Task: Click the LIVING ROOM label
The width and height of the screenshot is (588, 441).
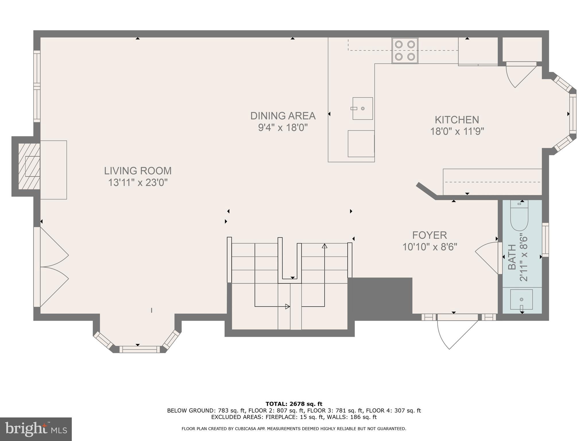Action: [x=138, y=171]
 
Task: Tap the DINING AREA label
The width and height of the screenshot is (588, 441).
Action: [x=283, y=116]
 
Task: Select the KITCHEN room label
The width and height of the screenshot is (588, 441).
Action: [x=457, y=119]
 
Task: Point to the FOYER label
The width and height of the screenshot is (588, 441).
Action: [x=430, y=235]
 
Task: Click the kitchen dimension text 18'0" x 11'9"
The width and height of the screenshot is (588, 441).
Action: [x=457, y=131]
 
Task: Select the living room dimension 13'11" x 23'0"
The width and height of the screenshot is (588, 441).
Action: [x=138, y=183]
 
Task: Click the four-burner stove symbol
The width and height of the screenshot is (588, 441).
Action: [x=405, y=51]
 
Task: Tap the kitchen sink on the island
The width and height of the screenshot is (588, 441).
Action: [x=363, y=108]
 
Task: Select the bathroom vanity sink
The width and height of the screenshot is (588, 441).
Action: [x=521, y=299]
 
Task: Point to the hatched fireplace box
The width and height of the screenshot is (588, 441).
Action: [x=29, y=167]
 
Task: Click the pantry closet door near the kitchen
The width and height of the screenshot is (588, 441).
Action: [x=518, y=75]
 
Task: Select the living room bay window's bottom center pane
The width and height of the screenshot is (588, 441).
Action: [x=140, y=349]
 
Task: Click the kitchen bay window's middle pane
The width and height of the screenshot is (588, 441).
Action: [x=573, y=114]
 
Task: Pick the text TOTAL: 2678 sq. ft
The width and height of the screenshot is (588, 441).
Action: [x=294, y=404]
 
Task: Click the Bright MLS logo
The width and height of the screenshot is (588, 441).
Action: [x=36, y=429]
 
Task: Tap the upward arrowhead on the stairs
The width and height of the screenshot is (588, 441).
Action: [x=325, y=246]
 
